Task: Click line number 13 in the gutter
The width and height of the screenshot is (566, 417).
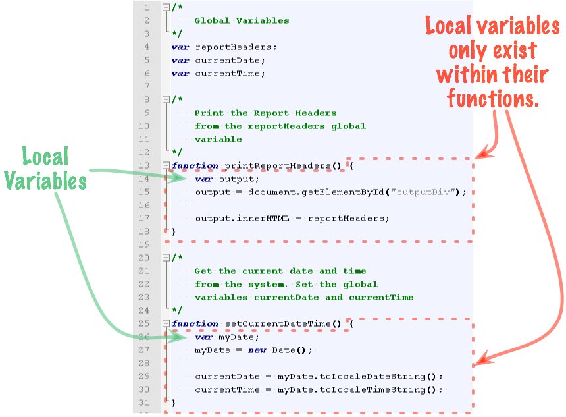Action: (x=143, y=165)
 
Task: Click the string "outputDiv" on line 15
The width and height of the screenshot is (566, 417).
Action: (x=426, y=192)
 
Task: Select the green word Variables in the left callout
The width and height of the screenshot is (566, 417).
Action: (x=46, y=180)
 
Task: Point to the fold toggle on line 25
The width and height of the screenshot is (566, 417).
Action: (x=165, y=323)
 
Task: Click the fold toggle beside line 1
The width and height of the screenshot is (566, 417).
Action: (x=165, y=7)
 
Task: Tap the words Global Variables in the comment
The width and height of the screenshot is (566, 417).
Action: (x=242, y=20)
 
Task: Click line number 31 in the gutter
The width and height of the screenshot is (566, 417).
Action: (x=143, y=403)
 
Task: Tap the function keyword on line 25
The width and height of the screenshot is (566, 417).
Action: (x=195, y=323)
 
